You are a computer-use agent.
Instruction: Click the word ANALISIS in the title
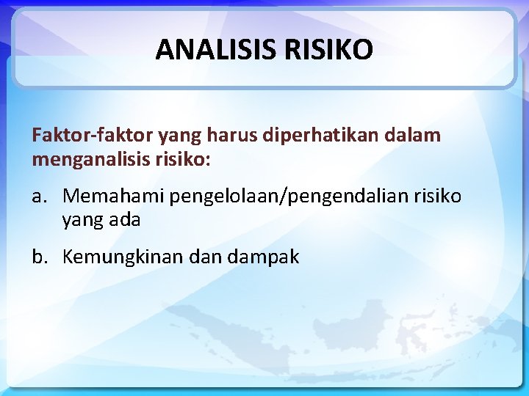point(213,50)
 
